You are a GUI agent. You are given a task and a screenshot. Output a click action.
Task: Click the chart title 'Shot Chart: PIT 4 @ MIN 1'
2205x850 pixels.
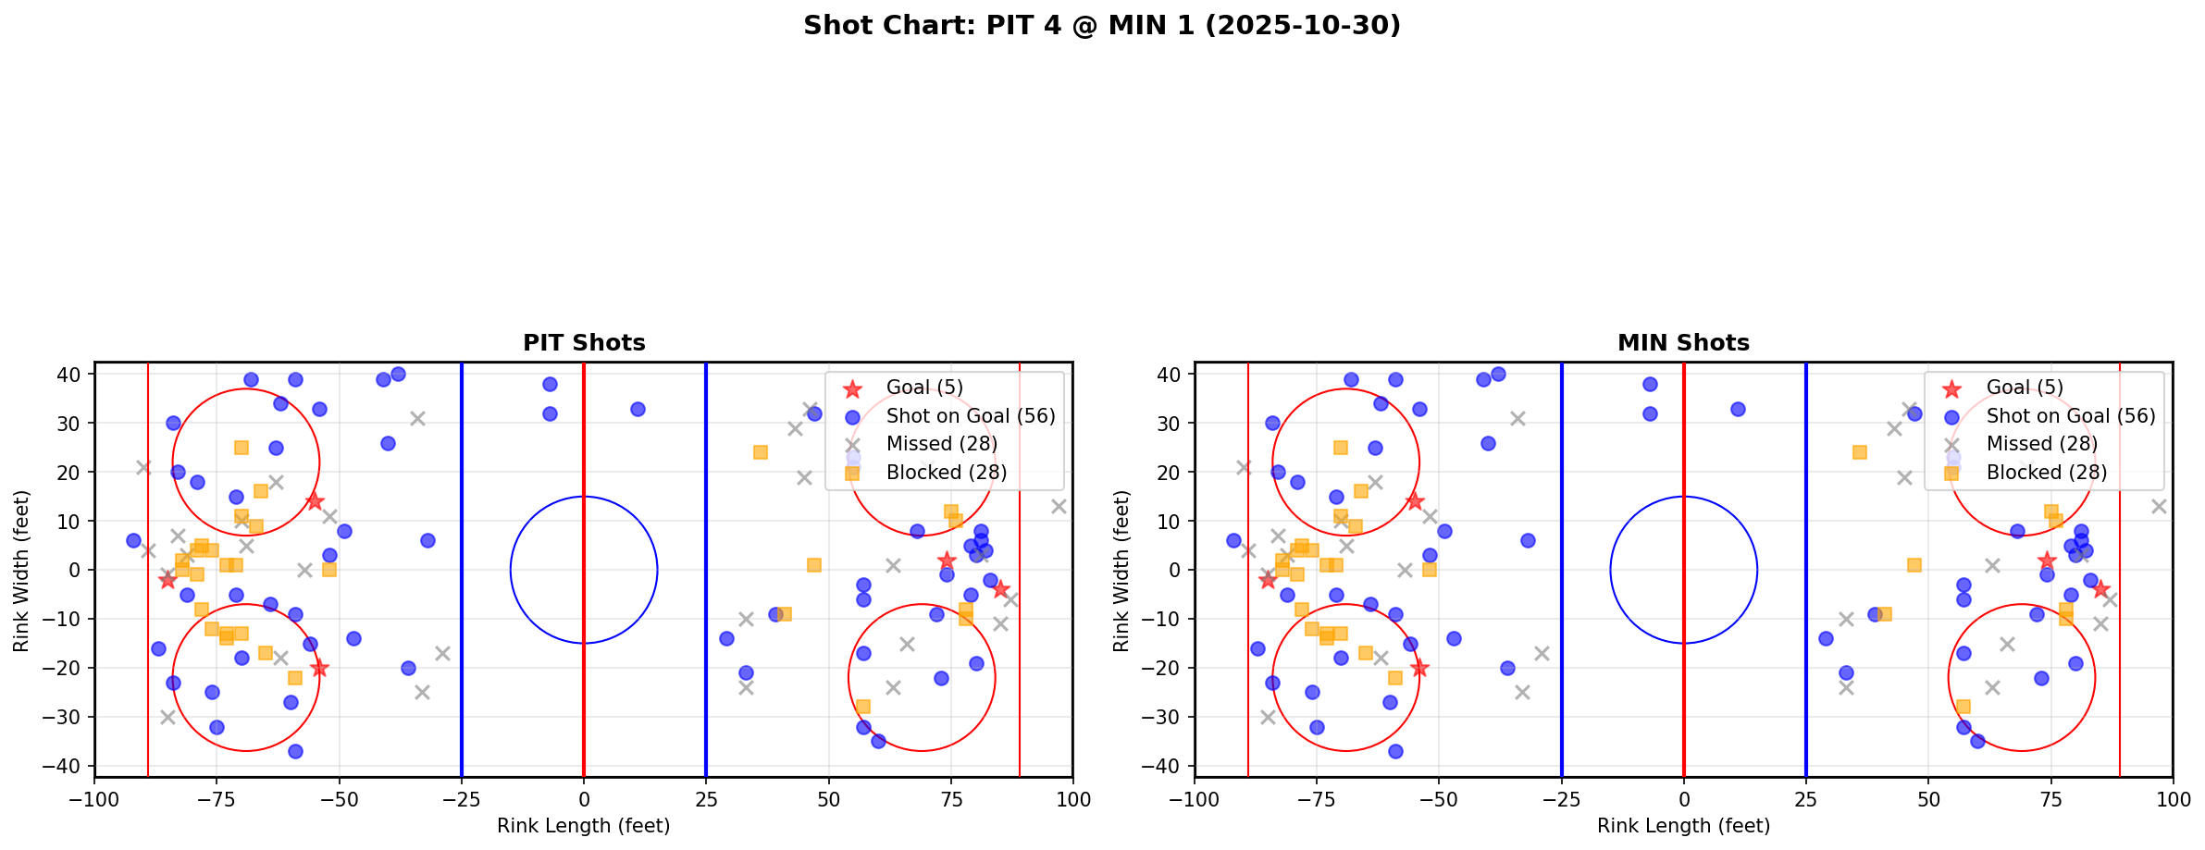tap(1101, 26)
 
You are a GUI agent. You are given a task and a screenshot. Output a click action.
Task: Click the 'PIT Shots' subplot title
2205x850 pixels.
tap(584, 343)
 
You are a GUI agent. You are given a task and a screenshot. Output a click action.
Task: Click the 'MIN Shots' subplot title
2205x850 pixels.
tap(1683, 343)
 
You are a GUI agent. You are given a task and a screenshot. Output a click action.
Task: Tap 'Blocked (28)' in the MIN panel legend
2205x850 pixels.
tap(2047, 473)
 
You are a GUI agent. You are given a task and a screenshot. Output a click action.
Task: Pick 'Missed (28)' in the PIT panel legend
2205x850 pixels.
tap(941, 444)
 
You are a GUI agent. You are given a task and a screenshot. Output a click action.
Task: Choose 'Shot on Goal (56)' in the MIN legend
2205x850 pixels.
tap(2071, 416)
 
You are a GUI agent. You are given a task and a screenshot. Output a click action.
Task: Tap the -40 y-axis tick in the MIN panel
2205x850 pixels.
tap(1168, 766)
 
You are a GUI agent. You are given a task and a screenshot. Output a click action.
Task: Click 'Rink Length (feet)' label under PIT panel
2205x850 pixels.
tap(584, 826)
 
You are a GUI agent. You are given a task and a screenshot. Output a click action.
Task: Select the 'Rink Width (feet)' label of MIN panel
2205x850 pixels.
tap(1121, 571)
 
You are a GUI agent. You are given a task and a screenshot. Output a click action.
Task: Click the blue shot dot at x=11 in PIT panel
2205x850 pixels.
tap(638, 409)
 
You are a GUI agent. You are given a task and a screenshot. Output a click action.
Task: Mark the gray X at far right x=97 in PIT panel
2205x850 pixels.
tap(1059, 507)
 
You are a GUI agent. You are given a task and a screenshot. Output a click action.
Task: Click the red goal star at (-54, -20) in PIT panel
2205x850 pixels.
tap(319, 668)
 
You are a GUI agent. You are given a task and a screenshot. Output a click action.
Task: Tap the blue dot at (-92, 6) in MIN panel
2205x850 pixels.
tap(1233, 540)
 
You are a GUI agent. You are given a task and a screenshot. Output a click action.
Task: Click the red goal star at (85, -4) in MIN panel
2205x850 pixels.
tap(2100, 589)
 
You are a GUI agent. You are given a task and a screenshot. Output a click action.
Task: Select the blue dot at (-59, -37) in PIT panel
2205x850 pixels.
tap(295, 751)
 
